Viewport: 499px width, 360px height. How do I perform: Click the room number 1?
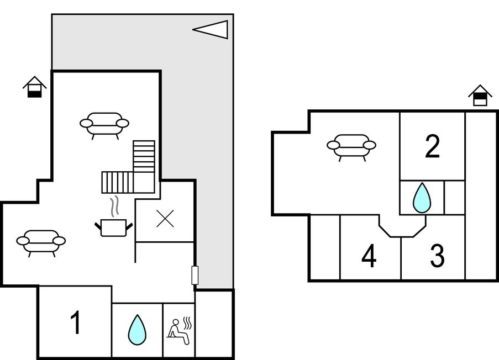pos(76,323)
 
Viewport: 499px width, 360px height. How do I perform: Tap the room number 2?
pos(432,147)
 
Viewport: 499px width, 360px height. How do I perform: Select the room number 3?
pos(437,256)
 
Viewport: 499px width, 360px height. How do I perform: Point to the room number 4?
pos(369,256)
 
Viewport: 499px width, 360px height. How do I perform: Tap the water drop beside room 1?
pos(137,330)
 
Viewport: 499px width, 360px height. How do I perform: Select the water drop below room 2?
pos(422,198)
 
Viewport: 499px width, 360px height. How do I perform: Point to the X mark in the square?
pos(165,219)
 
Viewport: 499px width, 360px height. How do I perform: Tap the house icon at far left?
pos(35,87)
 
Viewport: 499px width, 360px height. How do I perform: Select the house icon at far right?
pos(480,95)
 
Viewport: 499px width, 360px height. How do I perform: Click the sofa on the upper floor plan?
pos(351,146)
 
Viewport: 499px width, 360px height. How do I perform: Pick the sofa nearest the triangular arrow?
pos(104,125)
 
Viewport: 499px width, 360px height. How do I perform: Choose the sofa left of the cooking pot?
pos(41,242)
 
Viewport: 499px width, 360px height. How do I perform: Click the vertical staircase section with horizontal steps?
pos(144,155)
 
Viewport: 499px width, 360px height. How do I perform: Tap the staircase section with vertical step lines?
pos(117,182)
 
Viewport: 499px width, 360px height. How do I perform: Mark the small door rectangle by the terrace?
pos(195,275)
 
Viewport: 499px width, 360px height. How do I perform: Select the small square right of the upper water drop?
pos(454,197)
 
